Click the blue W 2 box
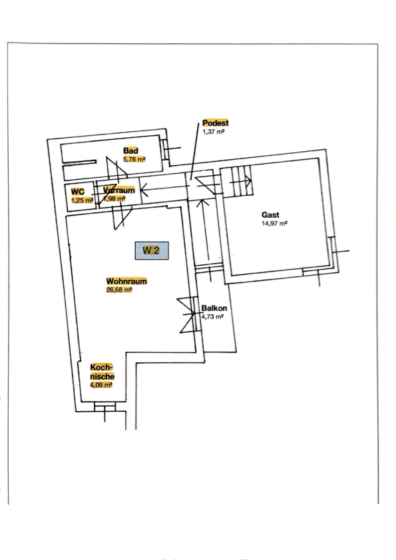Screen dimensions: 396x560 point(151,250)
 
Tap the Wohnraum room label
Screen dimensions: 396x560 point(126,281)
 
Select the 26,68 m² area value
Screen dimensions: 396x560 point(119,290)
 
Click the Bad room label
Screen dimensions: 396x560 point(130,150)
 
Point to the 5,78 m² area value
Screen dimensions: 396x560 point(134,159)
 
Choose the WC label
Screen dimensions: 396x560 point(78,192)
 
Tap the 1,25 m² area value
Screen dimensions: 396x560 point(82,200)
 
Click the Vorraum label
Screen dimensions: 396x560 point(119,190)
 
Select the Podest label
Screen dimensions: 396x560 point(216,123)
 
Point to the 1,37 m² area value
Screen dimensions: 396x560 point(213,132)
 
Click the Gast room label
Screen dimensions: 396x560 point(270,214)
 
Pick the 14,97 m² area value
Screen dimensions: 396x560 point(275,224)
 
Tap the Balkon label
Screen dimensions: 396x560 point(214,308)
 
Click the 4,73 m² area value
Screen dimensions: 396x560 point(212,316)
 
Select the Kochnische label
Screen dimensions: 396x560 point(102,372)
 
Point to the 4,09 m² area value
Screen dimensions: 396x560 point(101,385)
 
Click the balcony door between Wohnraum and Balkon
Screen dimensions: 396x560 point(188,315)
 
